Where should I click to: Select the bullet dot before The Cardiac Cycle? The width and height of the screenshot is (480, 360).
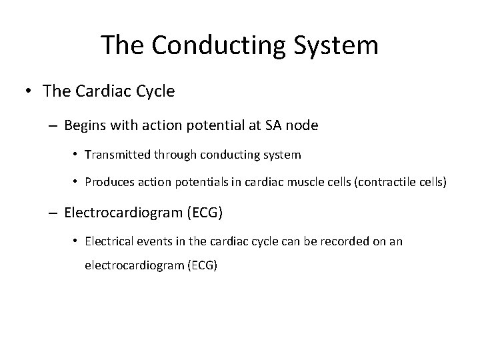click(31, 91)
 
